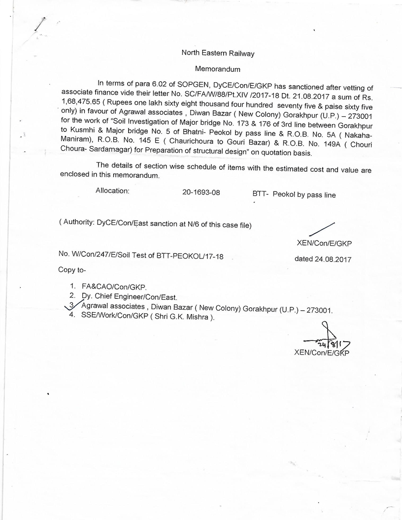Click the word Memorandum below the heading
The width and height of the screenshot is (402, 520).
coord(218,69)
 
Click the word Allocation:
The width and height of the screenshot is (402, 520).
coord(112,191)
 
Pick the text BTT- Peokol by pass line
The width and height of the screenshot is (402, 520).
coord(294,195)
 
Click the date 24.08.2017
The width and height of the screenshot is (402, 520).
coord(333,259)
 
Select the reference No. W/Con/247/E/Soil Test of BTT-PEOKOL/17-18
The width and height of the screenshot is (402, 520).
coord(141,257)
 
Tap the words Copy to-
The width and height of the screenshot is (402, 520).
coord(72,270)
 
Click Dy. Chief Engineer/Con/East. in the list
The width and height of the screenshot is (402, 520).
coord(129,297)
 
